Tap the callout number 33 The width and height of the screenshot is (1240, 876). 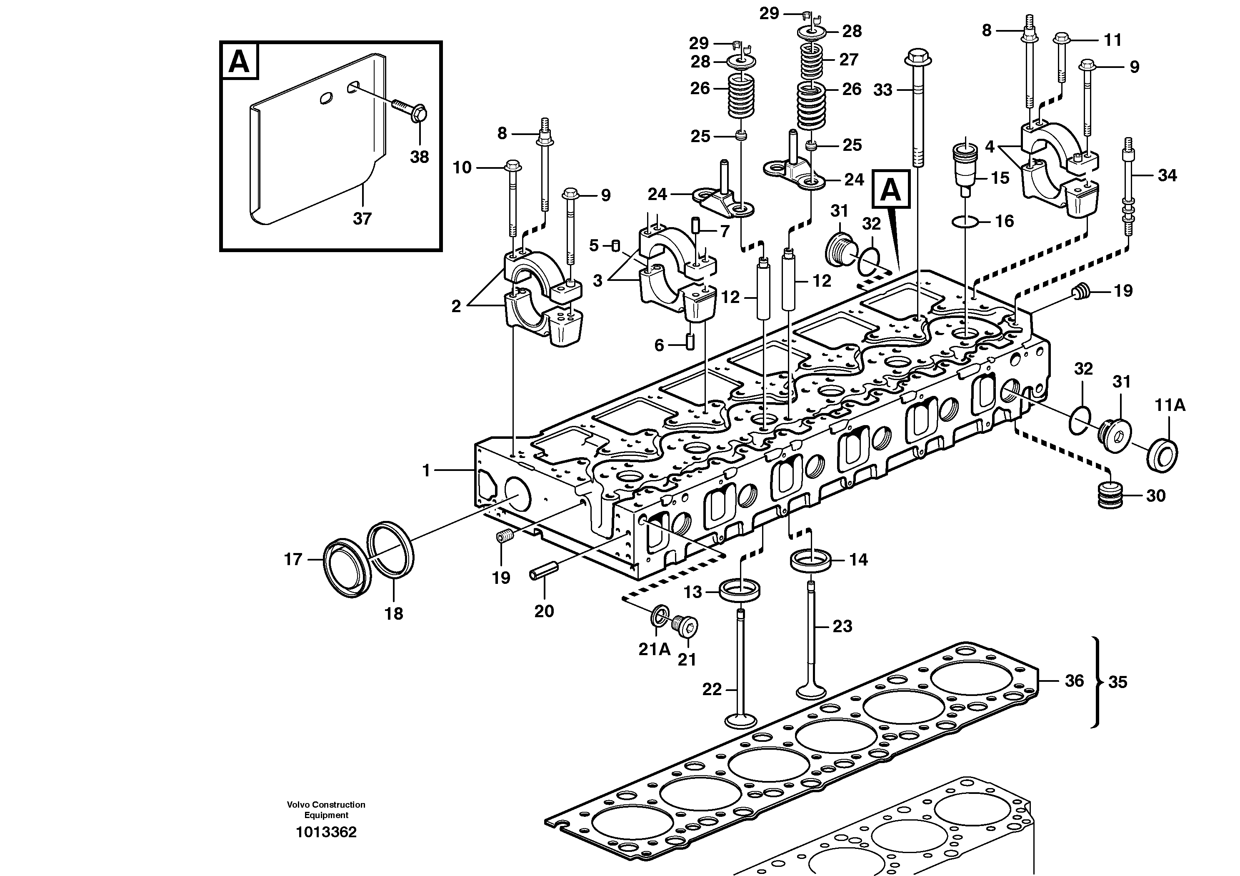[882, 90]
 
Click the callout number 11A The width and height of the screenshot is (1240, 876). [1170, 405]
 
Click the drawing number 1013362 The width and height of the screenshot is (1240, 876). [326, 832]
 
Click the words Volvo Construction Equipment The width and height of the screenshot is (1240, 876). [326, 810]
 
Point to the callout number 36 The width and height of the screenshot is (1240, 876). [1074, 681]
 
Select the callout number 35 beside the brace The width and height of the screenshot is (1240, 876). [1117, 683]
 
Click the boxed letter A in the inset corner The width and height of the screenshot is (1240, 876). [239, 61]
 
